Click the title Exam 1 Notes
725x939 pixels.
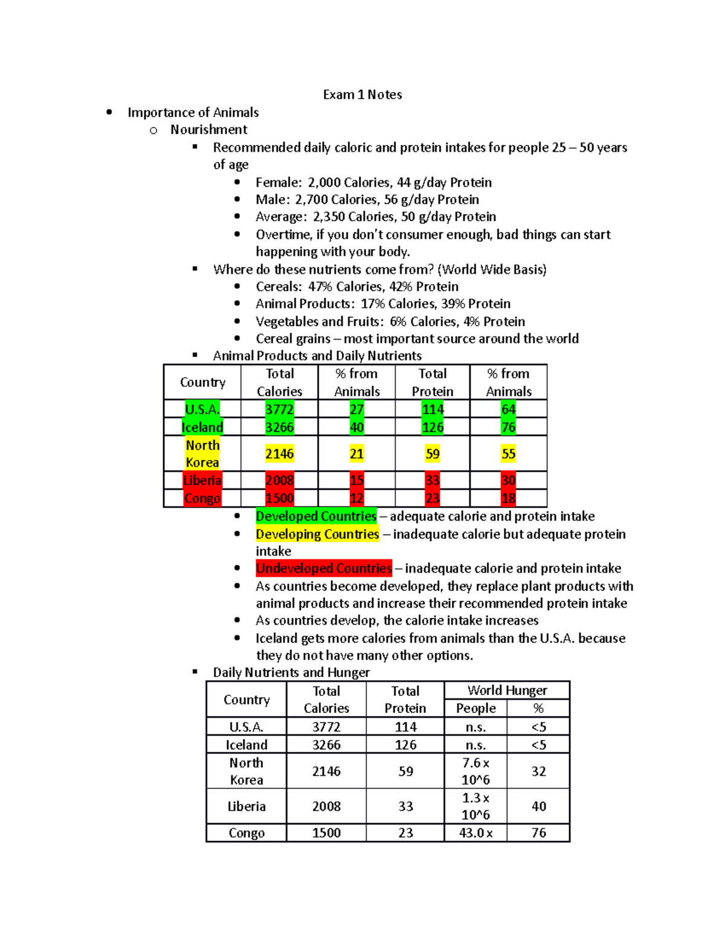362,94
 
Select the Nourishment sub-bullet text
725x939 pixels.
208,129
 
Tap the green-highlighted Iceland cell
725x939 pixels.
202,427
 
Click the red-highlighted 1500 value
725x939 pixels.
279,498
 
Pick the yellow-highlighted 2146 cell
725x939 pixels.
279,453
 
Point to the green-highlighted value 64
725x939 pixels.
508,409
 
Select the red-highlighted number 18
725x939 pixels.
508,498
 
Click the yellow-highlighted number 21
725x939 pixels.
356,453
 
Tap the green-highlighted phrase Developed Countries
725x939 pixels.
316,516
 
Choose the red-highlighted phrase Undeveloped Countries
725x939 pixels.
324,568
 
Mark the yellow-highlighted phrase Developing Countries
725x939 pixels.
317,534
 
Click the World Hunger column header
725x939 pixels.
507,690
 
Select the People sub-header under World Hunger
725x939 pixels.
475,708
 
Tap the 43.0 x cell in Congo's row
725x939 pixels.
475,833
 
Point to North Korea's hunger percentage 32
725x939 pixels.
538,771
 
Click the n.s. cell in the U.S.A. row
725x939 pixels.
475,727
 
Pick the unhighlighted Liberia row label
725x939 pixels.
246,806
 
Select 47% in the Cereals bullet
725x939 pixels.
320,287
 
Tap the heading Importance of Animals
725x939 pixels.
193,112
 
